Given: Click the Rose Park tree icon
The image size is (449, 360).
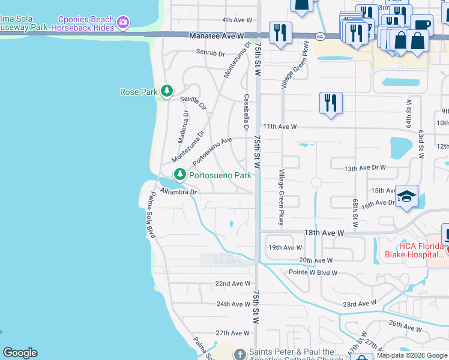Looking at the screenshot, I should point(166,92).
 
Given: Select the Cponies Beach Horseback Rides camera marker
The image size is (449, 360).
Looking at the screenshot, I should point(123,23).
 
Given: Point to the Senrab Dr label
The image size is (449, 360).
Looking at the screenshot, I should point(209,52).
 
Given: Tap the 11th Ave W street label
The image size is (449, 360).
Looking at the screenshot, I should point(280,127).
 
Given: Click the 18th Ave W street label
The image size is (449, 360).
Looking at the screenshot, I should point(324,232).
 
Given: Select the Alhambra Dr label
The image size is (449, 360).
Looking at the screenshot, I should point(178,192).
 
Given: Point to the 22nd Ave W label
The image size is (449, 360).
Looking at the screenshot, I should point(232,283).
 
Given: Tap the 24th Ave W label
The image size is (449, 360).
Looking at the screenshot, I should point(233,304).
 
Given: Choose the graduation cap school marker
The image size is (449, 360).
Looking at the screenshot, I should point(406,197).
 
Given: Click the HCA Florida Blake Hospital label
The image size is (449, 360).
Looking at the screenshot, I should point(414,250).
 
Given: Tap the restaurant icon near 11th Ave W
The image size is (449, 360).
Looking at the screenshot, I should point(331,103).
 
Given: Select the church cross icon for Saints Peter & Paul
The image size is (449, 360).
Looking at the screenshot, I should point(240,354).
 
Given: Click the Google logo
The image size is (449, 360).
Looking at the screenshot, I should point(19,353).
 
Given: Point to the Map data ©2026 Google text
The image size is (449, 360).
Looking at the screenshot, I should point(411,355).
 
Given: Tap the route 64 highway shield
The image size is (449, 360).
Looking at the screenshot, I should point(321,37).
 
